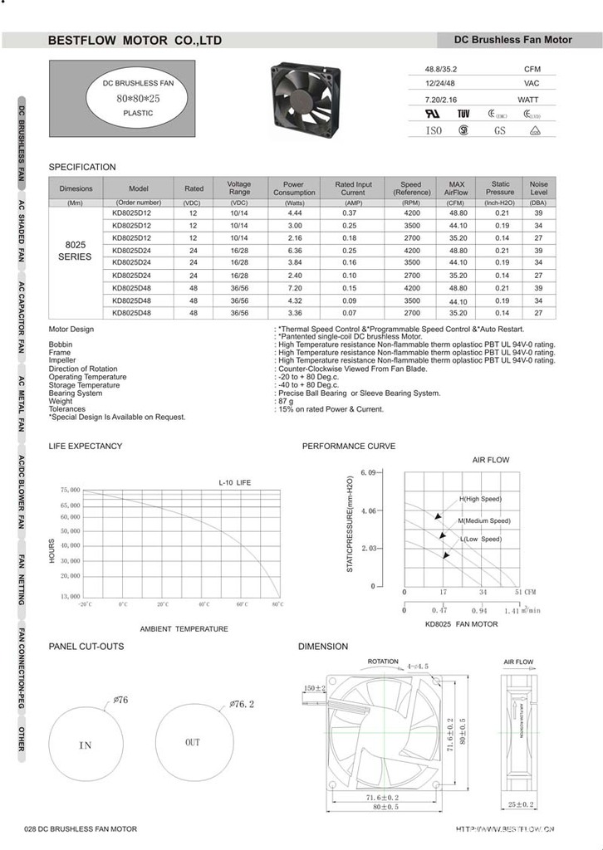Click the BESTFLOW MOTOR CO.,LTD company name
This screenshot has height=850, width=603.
(x=135, y=40)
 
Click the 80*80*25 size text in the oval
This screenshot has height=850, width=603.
(x=126, y=98)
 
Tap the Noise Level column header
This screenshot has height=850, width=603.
(x=538, y=188)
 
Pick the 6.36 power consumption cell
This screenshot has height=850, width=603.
(x=293, y=250)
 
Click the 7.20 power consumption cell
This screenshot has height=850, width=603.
(x=293, y=287)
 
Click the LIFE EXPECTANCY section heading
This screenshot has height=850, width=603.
(x=86, y=447)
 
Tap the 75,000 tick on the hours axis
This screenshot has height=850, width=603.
(x=70, y=491)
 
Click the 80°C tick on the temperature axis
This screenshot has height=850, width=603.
(x=277, y=604)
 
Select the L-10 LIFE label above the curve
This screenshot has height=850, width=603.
(x=234, y=481)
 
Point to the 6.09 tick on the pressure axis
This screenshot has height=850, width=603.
(x=368, y=472)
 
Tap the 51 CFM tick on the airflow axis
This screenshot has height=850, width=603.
(x=523, y=592)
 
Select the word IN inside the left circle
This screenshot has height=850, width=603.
(x=86, y=745)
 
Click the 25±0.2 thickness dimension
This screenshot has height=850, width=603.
(x=521, y=804)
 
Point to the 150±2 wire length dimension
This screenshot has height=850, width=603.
(x=314, y=688)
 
